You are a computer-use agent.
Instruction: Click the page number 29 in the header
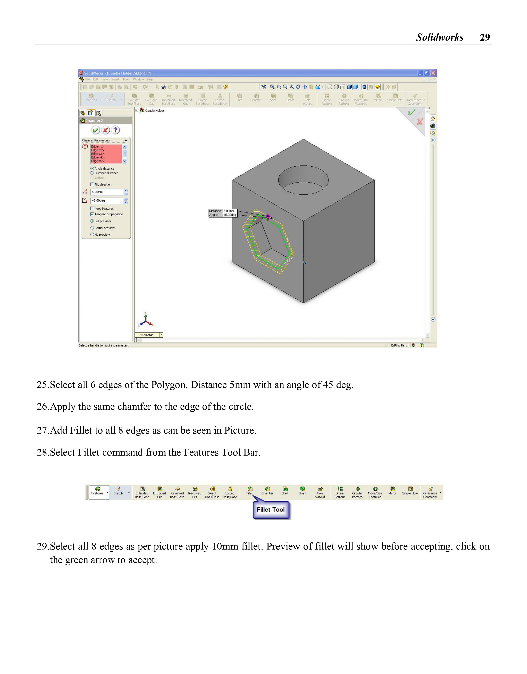pyautogui.click(x=485, y=37)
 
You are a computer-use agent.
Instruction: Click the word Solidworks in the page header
pyautogui.click(x=440, y=37)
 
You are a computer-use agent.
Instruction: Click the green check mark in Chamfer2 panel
pyautogui.click(x=96, y=130)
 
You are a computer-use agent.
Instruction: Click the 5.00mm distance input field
pyautogui.click(x=106, y=192)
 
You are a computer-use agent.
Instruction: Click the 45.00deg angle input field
pyautogui.click(x=106, y=201)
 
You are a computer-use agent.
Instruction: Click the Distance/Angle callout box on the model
pyautogui.click(x=223, y=213)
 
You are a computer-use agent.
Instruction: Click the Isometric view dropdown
pyautogui.click(x=149, y=335)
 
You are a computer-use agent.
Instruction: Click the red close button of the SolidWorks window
pyautogui.click(x=433, y=73)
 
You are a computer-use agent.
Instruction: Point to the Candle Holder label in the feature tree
pyautogui.click(x=154, y=111)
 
